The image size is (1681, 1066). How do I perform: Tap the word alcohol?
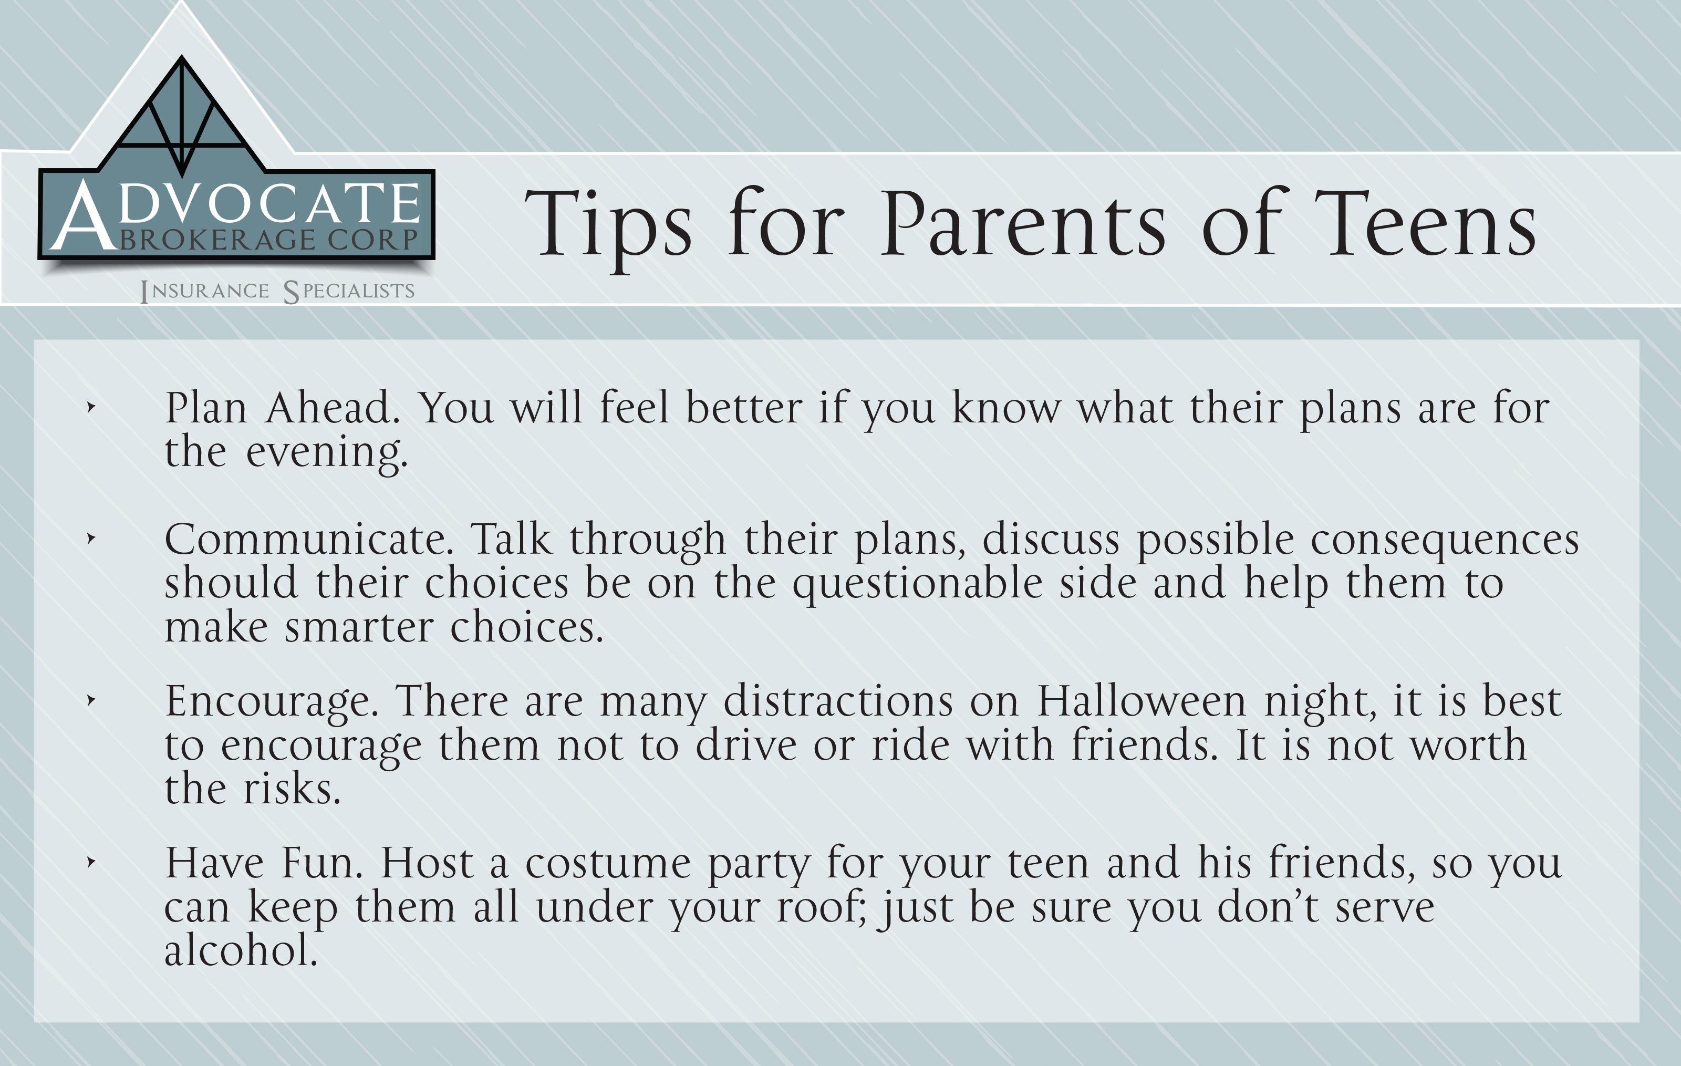tap(241, 951)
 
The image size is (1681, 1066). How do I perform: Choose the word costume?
tap(607, 864)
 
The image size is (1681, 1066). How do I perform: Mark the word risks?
tap(292, 790)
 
